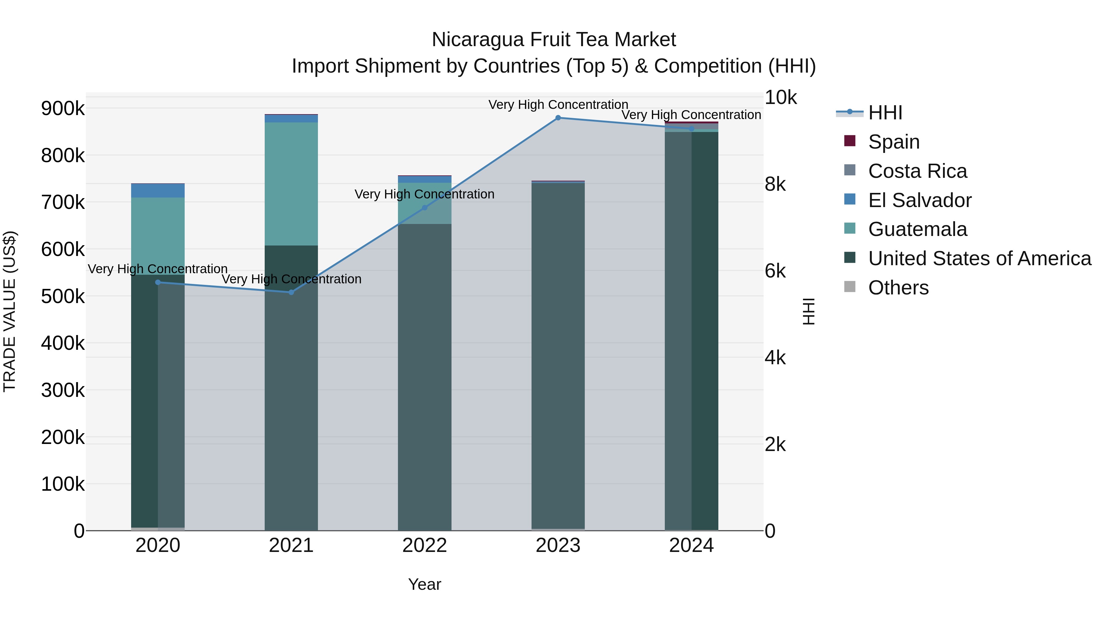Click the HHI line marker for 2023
tap(558, 118)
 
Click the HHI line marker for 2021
tap(291, 292)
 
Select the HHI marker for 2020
tap(158, 282)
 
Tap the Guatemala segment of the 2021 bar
tap(291, 184)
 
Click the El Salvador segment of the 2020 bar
tap(158, 190)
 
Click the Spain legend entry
tap(893, 142)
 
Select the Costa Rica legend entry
tap(917, 171)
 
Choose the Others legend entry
tap(898, 288)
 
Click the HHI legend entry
tap(885, 113)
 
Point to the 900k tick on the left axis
tap(63, 108)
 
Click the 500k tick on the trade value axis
tap(63, 296)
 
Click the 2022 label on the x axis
tap(424, 545)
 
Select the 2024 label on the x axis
tap(691, 545)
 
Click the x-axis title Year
tap(424, 584)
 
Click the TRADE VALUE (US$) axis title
tap(10, 311)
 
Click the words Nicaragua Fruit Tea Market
tap(554, 40)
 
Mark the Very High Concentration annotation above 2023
tap(558, 105)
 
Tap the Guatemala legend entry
tap(917, 229)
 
